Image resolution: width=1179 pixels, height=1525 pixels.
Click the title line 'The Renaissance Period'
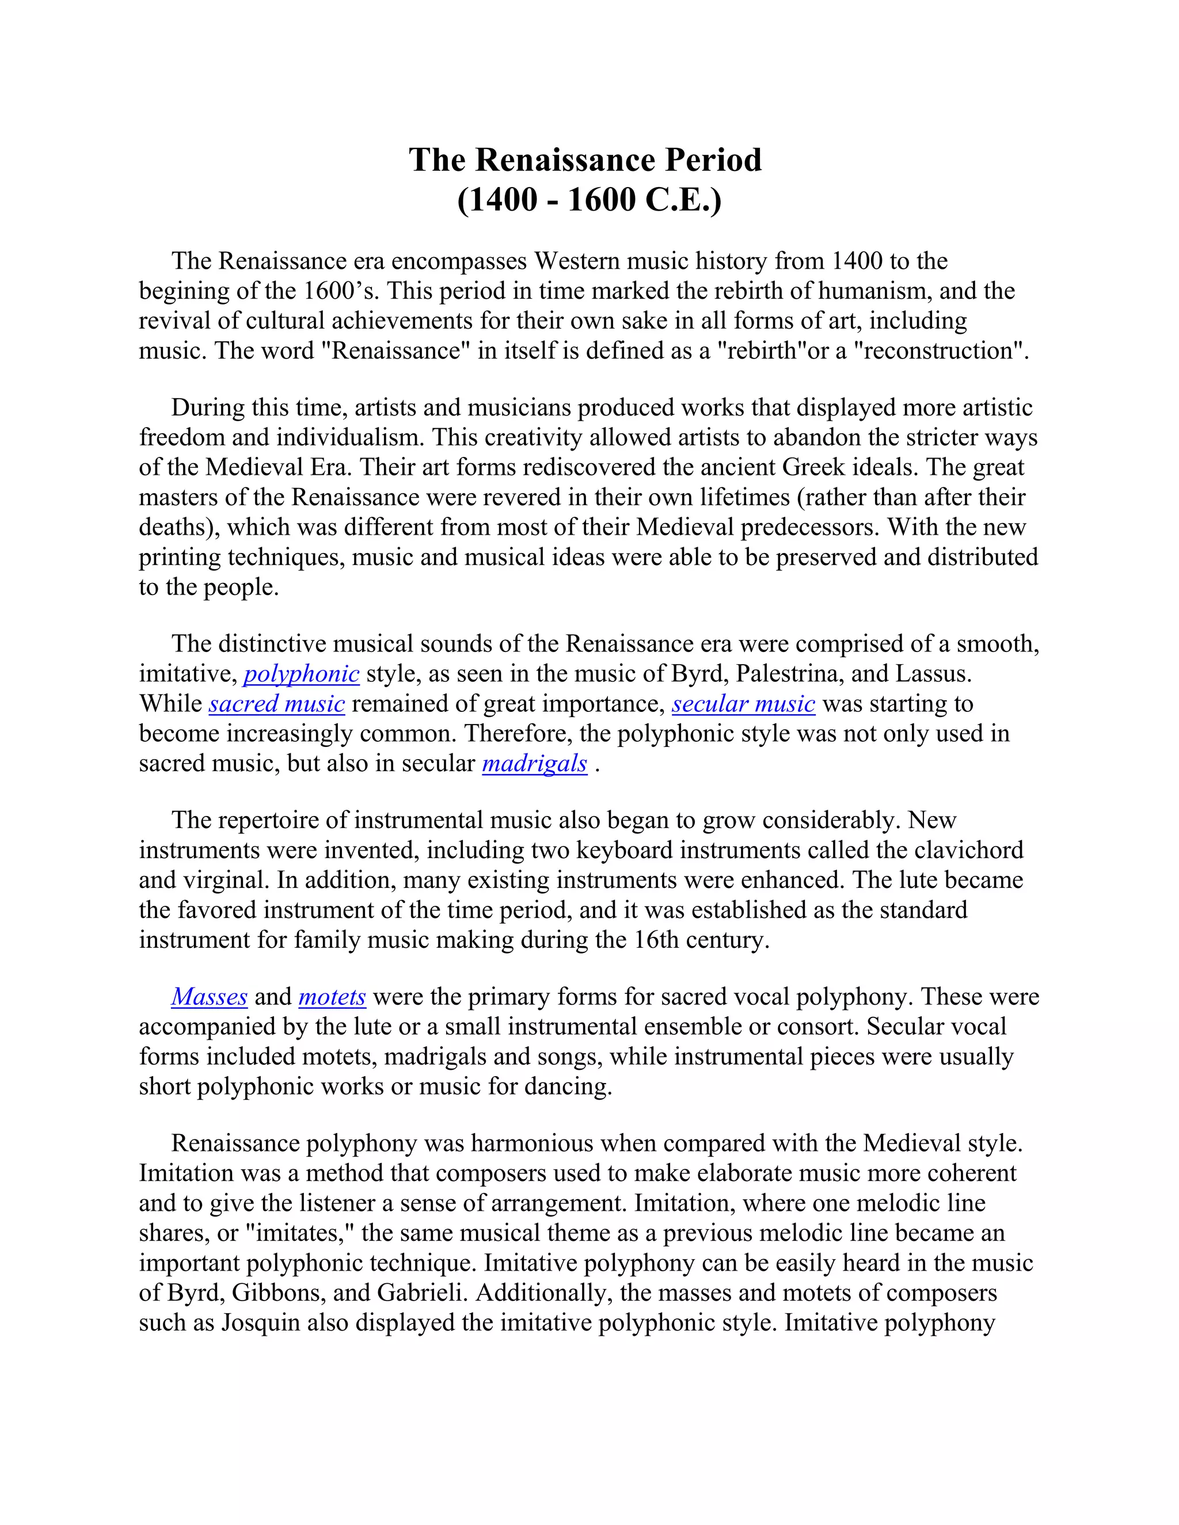click(585, 160)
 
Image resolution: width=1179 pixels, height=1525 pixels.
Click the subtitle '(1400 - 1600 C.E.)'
click(589, 200)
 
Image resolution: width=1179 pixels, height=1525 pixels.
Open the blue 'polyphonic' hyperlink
click(301, 674)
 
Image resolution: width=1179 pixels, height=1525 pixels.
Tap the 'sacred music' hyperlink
click(276, 704)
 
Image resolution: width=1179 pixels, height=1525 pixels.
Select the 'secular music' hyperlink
click(743, 704)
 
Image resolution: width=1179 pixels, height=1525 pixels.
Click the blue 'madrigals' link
click(534, 763)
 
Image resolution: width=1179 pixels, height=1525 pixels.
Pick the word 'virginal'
click(225, 880)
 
